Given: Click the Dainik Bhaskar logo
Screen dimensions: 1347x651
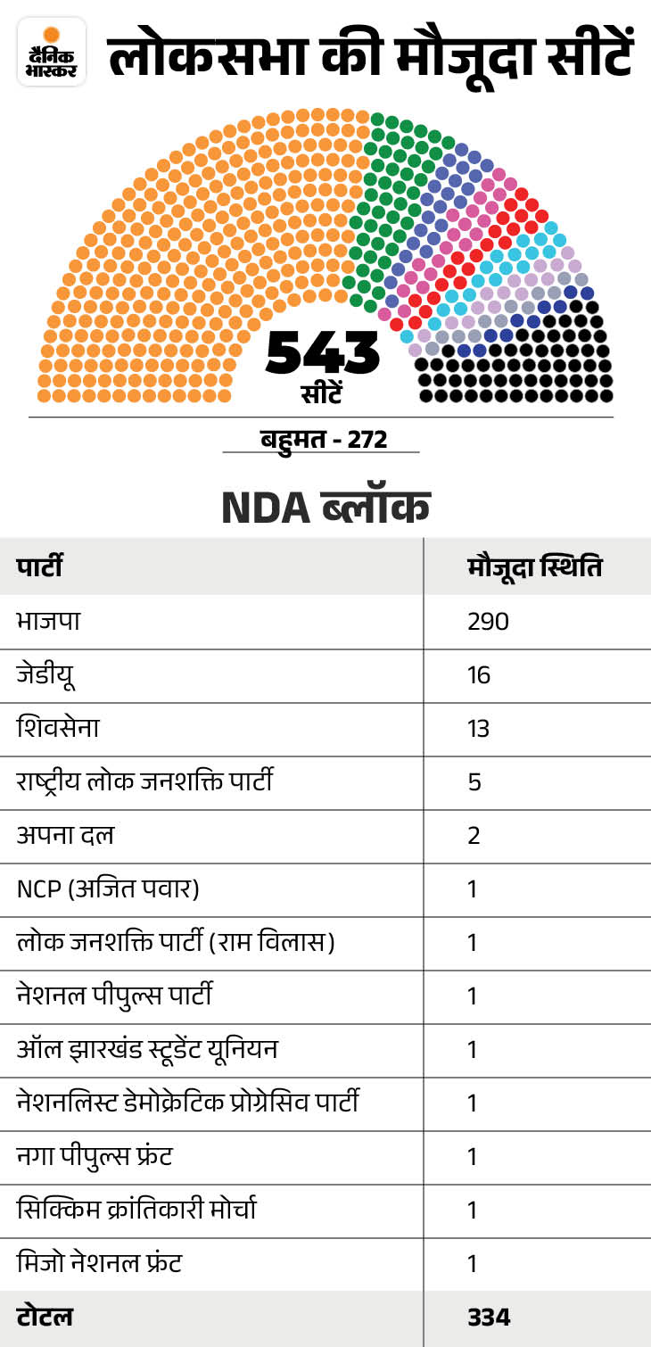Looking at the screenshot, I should (x=51, y=52).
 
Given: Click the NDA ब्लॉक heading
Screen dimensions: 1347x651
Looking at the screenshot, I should (x=325, y=507).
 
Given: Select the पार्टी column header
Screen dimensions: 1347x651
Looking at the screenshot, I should (x=39, y=567).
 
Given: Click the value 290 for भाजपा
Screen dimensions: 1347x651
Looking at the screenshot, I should (x=488, y=622).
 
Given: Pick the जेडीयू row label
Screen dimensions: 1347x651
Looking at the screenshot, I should (x=45, y=675).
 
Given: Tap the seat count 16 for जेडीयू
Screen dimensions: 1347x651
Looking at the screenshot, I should (x=479, y=675).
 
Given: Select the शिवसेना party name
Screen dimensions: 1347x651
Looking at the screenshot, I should (x=58, y=729).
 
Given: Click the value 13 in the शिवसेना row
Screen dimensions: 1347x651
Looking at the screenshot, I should (x=479, y=729).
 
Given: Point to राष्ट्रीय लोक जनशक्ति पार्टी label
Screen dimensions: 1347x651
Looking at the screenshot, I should (x=144, y=782).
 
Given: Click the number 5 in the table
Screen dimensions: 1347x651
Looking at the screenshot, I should (x=474, y=782).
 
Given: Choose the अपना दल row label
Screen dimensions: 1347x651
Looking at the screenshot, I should (x=65, y=836).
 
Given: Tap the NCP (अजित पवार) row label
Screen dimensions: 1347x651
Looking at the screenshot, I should (x=107, y=889).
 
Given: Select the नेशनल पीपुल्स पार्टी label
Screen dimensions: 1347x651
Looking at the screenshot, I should (x=114, y=996).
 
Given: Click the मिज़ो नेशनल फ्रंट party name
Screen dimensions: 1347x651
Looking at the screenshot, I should (x=100, y=1264).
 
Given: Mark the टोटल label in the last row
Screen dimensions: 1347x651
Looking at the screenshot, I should (x=45, y=1318).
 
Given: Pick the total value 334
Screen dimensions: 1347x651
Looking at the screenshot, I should (x=489, y=1318).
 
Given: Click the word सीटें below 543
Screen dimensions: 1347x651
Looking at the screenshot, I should (x=322, y=393).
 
